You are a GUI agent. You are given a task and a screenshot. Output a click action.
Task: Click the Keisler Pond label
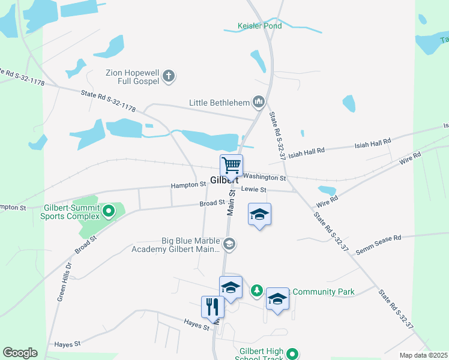pyautogui.click(x=259, y=27)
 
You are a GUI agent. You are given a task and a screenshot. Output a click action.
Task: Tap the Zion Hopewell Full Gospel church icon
pyautogui.click(x=169, y=76)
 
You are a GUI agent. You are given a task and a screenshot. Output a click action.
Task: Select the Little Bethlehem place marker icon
pyautogui.click(x=259, y=102)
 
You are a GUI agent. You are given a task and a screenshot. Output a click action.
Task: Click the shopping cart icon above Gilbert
pyautogui.click(x=231, y=164)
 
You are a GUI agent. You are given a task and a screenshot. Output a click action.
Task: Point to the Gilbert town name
pyautogui.click(x=224, y=180)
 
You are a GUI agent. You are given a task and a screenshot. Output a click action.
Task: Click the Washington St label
pyautogui.click(x=265, y=178)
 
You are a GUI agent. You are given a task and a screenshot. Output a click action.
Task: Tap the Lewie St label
pyautogui.click(x=253, y=190)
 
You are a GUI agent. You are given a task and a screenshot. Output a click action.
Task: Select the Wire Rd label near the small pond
pyautogui.click(x=328, y=200)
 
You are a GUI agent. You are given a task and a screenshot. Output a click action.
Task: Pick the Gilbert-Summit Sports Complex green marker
pyautogui.click(x=109, y=211)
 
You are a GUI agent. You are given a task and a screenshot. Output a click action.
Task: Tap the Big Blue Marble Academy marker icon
pyautogui.click(x=229, y=244)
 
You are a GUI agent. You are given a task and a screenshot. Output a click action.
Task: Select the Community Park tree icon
pyautogui.click(x=257, y=291)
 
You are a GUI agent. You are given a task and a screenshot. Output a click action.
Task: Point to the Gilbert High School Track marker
pyautogui.click(x=292, y=354)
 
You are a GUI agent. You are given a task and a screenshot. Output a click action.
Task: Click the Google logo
pyautogui.click(x=20, y=353)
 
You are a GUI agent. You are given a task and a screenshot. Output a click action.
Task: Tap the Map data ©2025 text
pyautogui.click(x=424, y=355)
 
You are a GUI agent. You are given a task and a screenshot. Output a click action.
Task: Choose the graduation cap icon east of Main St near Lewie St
pyautogui.click(x=259, y=215)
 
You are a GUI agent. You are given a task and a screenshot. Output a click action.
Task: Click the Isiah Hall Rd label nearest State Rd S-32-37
pyautogui.click(x=307, y=153)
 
